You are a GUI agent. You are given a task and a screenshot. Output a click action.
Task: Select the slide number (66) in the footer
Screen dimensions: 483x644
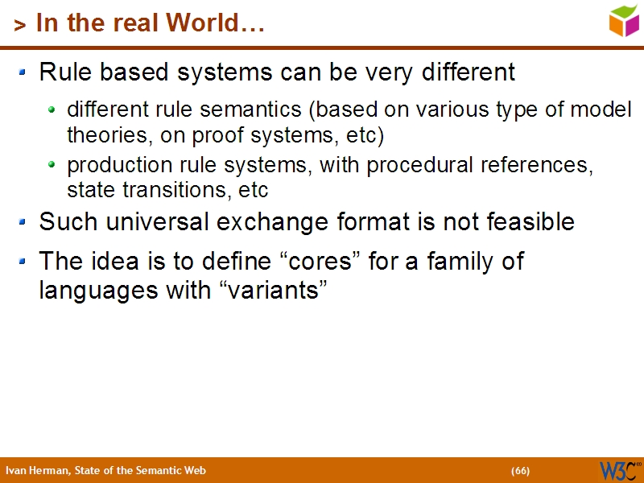520,471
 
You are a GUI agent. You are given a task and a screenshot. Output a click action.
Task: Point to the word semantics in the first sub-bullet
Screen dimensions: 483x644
259,109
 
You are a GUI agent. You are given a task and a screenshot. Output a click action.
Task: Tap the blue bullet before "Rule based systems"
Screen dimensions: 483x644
23,72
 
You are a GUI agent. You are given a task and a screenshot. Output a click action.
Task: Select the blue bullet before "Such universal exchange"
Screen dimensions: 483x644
23,220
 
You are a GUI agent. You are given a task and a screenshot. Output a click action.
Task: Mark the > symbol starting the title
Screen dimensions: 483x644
20,25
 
